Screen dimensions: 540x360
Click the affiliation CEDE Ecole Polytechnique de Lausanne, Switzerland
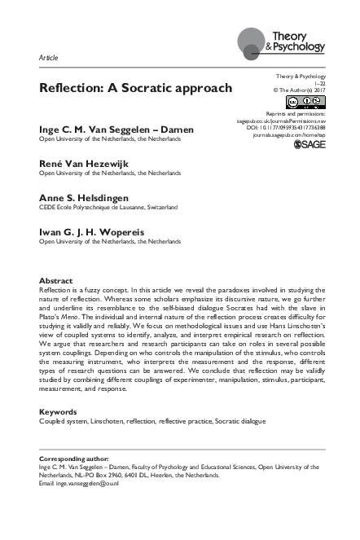108,208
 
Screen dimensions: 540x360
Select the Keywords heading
58,412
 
